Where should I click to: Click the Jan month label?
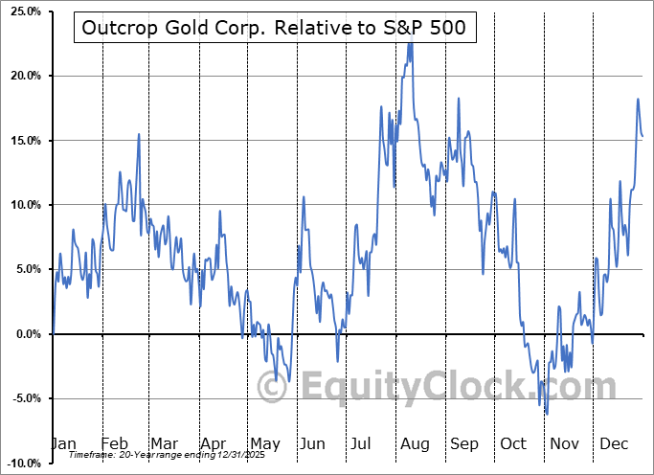pos(63,443)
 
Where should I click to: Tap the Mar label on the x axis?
pos(164,443)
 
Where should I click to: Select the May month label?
pos(264,443)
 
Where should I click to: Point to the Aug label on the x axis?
pos(415,443)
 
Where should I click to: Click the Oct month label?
pos(514,443)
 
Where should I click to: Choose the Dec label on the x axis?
pos(614,443)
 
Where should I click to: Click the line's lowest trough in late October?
pos(547,414)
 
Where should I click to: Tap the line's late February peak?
pos(139,134)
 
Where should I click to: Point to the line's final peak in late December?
pos(638,99)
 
